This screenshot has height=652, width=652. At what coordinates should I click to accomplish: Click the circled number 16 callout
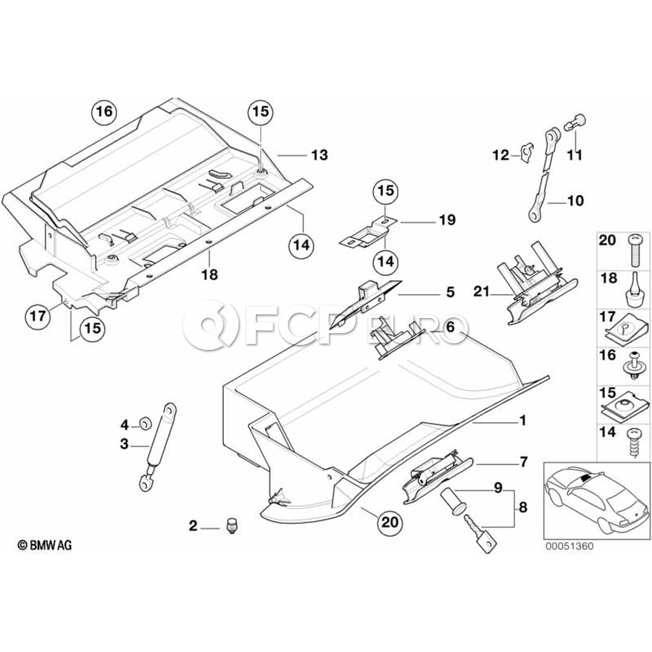(104, 112)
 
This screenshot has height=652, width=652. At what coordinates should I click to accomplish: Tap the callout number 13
(319, 155)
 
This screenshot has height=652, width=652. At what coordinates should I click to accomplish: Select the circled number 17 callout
(38, 315)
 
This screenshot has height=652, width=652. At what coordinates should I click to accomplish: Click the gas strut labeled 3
(157, 443)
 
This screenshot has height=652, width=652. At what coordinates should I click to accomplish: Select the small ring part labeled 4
(143, 422)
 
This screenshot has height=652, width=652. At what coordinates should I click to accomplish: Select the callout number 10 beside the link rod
(574, 201)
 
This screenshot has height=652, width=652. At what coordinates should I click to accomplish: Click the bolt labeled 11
(575, 124)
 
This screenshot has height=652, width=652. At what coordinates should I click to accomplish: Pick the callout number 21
(479, 293)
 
